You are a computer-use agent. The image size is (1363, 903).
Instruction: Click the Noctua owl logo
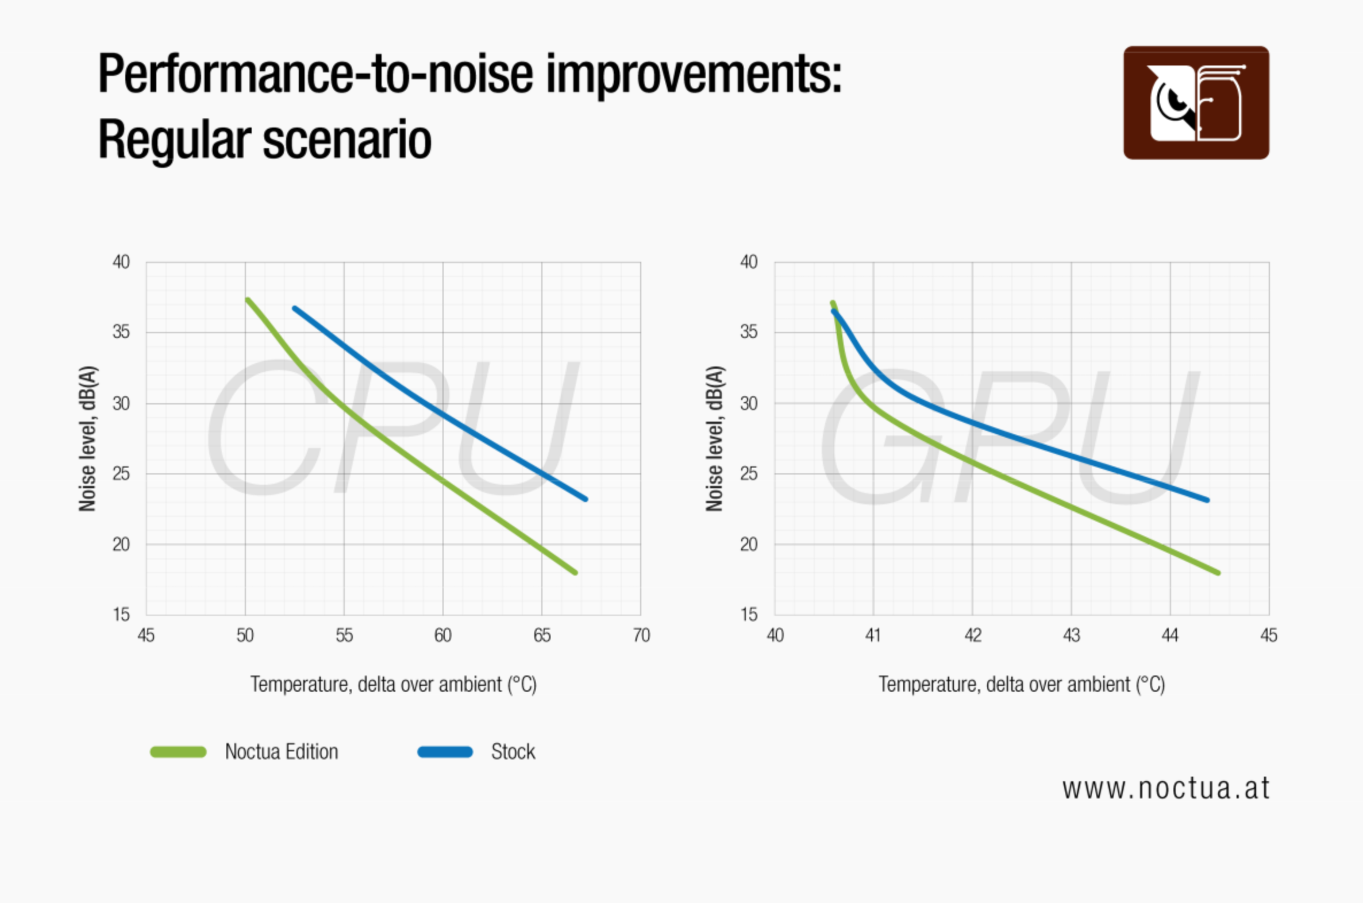tap(1196, 102)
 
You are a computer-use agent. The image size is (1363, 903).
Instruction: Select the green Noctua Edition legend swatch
tap(178, 751)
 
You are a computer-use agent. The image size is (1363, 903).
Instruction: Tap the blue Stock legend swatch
tap(445, 751)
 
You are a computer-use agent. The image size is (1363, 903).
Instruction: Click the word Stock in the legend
tap(513, 751)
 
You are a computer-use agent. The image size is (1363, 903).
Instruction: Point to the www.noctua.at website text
tap(1165, 788)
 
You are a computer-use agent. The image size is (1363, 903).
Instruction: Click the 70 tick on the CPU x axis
tap(641, 635)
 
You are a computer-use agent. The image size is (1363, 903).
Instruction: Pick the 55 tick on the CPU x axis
tap(344, 635)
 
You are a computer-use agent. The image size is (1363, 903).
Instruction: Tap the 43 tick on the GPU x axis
tap(1071, 635)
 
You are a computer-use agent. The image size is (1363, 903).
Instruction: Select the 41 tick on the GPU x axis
tap(873, 635)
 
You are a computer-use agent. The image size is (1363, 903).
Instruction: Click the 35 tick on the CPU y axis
tap(121, 332)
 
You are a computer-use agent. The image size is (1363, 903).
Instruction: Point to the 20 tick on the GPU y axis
tap(748, 544)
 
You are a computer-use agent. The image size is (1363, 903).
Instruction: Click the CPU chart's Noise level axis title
tap(87, 438)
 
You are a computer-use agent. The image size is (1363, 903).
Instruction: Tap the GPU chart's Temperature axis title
tap(1021, 684)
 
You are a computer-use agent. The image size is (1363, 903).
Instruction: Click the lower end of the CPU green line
tap(575, 573)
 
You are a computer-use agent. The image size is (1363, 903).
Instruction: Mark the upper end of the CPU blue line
tap(295, 308)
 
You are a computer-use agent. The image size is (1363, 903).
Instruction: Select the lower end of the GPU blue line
tap(1207, 500)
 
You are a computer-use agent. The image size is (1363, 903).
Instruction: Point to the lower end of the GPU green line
tap(1218, 573)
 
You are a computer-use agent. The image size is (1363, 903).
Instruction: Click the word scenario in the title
tap(347, 140)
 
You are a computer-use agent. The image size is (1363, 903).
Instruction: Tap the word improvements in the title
tap(694, 74)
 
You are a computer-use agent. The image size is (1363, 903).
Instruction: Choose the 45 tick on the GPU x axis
tap(1269, 635)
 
